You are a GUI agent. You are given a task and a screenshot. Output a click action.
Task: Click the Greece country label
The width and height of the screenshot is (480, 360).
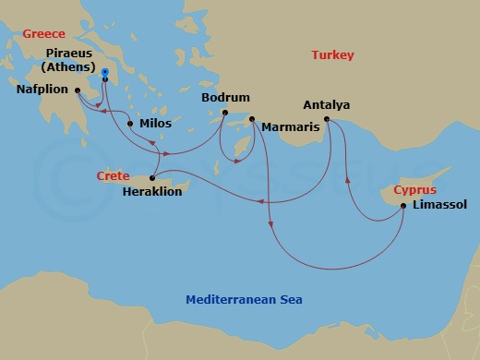click(43, 33)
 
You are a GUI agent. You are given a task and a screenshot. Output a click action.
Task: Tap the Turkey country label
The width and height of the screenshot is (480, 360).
click(332, 55)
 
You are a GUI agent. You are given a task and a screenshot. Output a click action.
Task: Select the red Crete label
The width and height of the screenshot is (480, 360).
click(113, 174)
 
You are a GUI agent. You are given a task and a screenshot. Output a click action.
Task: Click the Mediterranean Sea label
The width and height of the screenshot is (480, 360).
click(244, 299)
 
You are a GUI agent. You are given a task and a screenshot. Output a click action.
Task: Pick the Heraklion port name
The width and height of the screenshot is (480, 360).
click(152, 192)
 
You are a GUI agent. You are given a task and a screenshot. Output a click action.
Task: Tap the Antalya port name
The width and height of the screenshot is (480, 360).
click(327, 105)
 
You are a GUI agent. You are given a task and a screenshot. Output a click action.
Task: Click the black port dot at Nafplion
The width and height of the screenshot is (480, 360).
click(78, 90)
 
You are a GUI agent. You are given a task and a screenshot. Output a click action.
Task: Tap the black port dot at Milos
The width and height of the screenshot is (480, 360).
click(130, 124)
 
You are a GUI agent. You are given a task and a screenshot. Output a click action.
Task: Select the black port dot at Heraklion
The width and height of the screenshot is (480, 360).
click(152, 178)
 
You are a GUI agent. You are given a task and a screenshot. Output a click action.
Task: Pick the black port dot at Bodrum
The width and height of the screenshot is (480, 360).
click(224, 114)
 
